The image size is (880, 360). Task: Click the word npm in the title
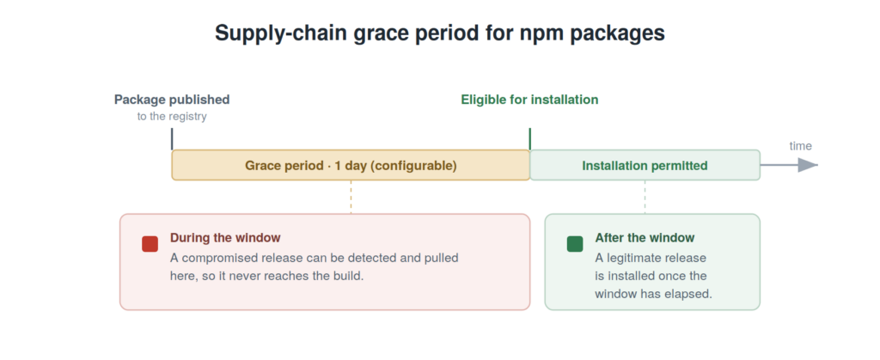click(541, 34)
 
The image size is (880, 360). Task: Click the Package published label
click(172, 100)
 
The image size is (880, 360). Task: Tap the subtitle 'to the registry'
click(172, 117)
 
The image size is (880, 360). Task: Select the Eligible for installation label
click(529, 100)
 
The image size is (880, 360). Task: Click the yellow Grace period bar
click(351, 165)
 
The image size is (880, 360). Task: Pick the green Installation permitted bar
click(645, 165)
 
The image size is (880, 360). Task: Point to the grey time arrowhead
click(808, 165)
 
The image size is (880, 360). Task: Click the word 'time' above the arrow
click(800, 146)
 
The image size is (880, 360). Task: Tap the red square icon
click(150, 244)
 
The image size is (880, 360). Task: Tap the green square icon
click(575, 244)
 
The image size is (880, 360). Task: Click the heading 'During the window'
click(225, 238)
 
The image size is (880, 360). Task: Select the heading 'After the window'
click(645, 238)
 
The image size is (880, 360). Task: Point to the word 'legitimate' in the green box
click(632, 259)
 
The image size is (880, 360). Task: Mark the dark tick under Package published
click(172, 139)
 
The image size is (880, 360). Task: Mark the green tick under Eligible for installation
click(529, 139)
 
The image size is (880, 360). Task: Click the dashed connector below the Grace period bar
click(351, 197)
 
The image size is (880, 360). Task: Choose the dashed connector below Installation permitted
click(645, 197)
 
